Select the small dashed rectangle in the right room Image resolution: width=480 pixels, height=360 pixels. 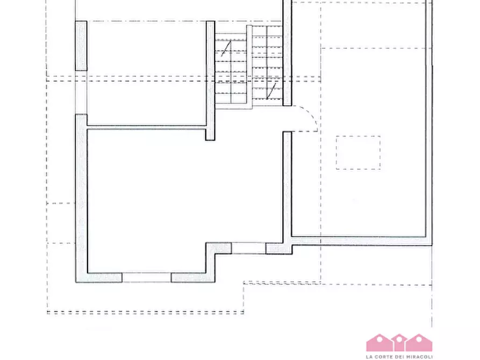[x=358, y=153]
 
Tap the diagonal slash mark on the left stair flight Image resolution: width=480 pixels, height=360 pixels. [x=226, y=48]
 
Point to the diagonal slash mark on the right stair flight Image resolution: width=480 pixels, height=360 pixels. [x=271, y=91]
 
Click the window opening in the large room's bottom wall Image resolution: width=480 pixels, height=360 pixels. [x=147, y=277]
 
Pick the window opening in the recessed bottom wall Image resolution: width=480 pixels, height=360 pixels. [x=248, y=248]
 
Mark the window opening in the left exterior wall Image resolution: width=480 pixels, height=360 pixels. [x=81, y=92]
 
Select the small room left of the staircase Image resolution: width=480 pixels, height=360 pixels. [x=147, y=73]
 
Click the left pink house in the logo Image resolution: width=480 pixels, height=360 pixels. [x=379, y=343]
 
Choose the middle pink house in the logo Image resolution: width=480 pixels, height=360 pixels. [x=399, y=343]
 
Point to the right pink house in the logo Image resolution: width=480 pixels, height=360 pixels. [x=419, y=343]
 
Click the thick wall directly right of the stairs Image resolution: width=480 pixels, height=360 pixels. [x=287, y=53]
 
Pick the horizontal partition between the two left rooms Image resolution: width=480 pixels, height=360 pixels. [x=146, y=127]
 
